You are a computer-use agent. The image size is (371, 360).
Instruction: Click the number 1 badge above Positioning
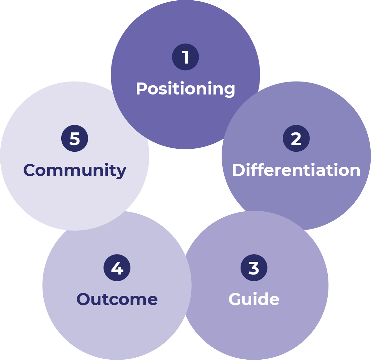185,57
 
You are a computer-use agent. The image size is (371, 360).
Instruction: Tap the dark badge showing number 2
296,138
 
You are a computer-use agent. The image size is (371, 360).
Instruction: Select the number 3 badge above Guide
254,268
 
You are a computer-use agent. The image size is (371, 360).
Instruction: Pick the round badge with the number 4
117,268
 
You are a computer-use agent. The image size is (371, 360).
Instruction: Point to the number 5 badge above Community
75,138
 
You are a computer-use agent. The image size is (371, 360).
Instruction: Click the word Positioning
185,89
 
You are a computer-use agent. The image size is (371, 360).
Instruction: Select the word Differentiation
296,170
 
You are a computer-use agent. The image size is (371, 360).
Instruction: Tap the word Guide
254,299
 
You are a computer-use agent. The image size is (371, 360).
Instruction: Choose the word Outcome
117,299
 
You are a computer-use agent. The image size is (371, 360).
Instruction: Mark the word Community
75,170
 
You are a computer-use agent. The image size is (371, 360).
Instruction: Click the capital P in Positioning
141,89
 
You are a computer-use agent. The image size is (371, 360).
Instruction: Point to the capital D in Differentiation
238,170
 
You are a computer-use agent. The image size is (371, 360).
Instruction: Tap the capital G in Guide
235,299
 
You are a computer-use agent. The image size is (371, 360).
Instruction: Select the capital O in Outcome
84,299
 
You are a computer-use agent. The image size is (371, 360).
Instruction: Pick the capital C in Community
30,170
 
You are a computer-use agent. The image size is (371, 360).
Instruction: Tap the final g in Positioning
229,90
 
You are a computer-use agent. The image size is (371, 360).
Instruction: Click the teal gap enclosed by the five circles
185,186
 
